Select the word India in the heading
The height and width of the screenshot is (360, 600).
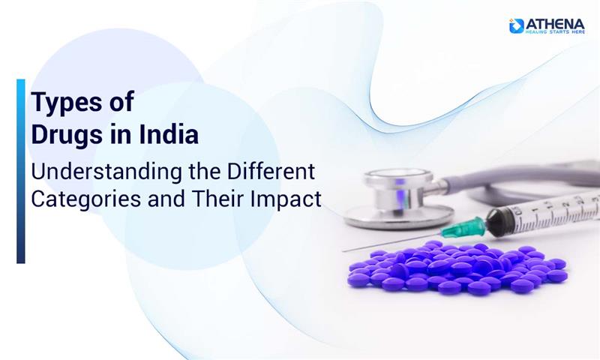(x=170, y=136)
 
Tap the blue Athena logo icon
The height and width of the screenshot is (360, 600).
(x=516, y=25)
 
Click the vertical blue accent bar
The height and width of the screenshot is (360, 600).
(x=20, y=171)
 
